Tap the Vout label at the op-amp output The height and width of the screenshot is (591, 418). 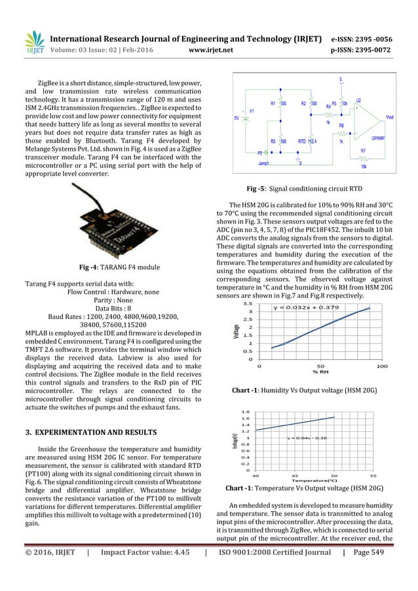390,117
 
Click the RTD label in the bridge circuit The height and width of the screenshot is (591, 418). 301,141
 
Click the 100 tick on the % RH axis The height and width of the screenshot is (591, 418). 382,366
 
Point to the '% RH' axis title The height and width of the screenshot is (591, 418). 320,372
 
